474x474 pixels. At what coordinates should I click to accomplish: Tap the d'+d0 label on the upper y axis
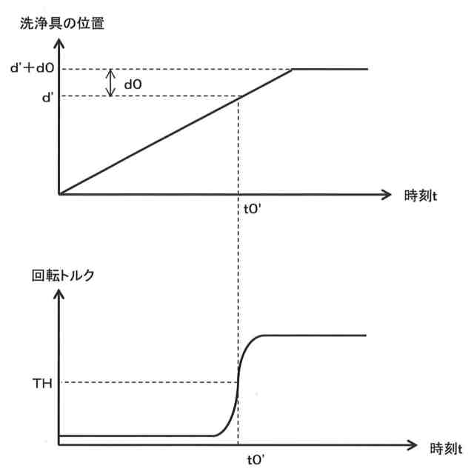[30, 70]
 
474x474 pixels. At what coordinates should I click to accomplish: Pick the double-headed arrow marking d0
[111, 83]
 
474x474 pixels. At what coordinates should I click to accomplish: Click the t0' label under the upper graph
[237, 208]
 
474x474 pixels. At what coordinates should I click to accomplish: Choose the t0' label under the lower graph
[237, 458]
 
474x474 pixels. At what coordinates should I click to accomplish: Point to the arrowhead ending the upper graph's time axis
[386, 195]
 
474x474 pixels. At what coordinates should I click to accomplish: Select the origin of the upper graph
[59, 195]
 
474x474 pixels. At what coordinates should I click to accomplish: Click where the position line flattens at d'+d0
[294, 69]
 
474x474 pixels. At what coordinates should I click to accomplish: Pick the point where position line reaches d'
[237, 96]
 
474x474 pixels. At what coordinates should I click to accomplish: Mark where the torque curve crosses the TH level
[237, 382]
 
